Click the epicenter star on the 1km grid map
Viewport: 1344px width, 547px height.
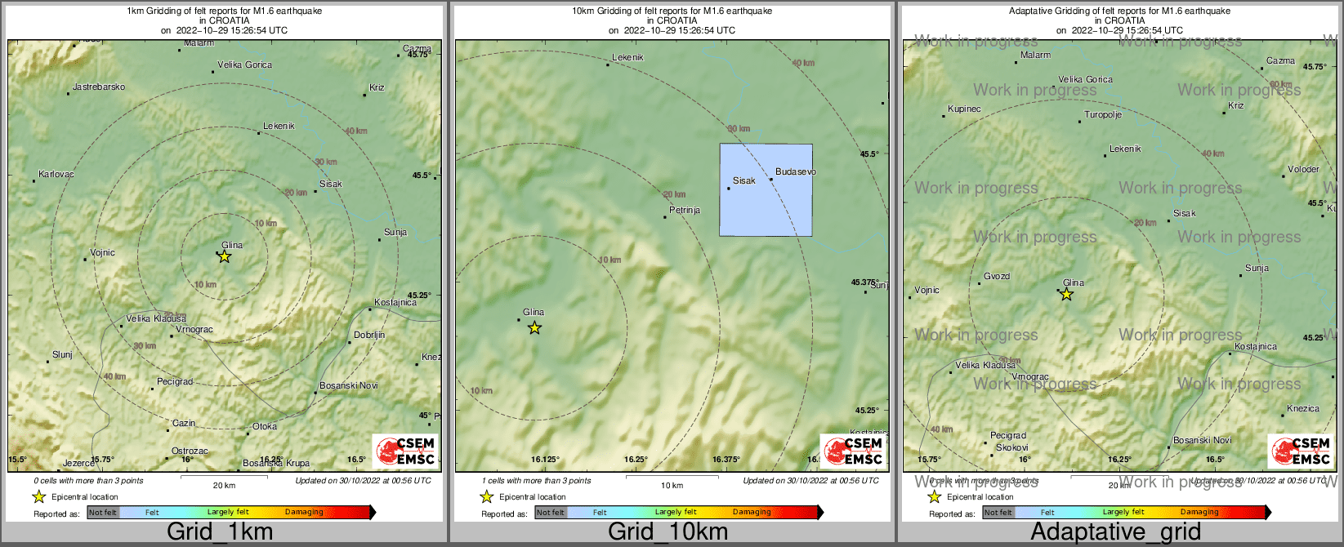225,256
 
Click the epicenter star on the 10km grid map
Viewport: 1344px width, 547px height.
534,328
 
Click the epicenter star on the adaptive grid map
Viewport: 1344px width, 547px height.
1067,295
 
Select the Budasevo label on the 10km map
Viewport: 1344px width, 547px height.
795,172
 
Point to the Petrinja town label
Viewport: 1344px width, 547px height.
685,210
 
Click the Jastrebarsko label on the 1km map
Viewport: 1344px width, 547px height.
99,87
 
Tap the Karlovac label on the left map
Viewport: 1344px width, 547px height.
56,175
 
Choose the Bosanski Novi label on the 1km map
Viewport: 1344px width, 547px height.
348,385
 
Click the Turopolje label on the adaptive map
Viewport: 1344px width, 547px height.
1103,115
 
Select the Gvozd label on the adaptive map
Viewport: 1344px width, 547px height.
997,277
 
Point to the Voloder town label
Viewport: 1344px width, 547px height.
1303,170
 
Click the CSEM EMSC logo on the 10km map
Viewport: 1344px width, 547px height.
854,451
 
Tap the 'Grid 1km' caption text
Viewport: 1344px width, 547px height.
220,532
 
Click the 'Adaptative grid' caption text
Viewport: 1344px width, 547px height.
1115,532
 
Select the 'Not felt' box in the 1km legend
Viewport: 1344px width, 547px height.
103,513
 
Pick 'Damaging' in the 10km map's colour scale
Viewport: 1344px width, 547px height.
752,513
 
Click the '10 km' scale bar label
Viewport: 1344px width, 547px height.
672,486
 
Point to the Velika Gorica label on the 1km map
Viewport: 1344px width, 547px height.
244,64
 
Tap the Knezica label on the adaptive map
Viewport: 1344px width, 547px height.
1302,409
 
